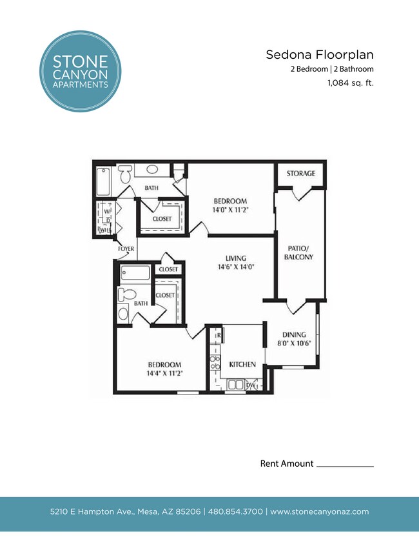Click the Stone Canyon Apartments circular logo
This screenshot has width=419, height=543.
pos(80,72)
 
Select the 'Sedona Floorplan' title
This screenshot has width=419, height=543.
pos(320,55)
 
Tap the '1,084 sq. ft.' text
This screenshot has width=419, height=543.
pos(351,83)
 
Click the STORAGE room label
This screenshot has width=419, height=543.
pos(301,174)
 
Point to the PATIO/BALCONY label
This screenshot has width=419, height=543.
pos(298,252)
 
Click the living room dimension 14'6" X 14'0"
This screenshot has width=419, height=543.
pos(232,266)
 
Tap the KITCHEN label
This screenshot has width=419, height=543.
pos(242,364)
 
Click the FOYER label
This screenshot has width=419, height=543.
pos(126,249)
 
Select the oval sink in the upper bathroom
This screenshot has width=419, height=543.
pos(153,170)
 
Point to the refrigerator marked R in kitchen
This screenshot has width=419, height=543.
pos(219,336)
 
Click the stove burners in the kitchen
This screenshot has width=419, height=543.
pos(215,362)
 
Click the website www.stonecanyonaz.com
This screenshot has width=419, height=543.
pos(319,511)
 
